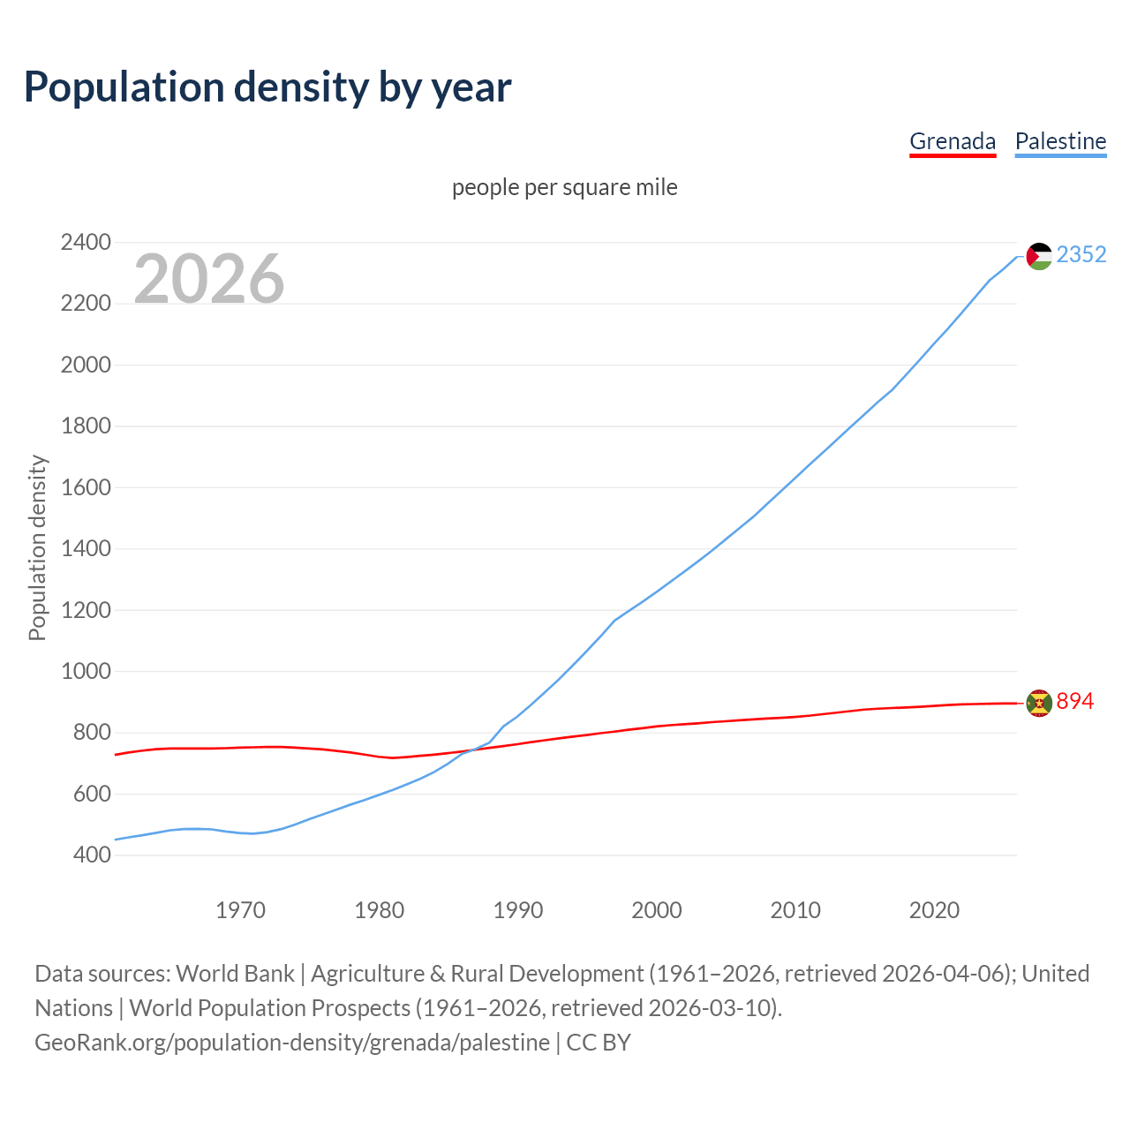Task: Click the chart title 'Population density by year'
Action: pos(267,87)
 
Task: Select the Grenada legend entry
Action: pos(952,141)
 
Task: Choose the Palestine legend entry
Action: pos(1060,141)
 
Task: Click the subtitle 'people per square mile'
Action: pos(564,187)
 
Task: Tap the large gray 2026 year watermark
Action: pos(209,279)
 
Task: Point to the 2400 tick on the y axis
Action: pos(86,242)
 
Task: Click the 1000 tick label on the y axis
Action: pos(86,671)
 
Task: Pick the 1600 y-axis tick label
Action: pos(86,487)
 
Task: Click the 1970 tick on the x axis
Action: pos(240,910)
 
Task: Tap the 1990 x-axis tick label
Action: pos(518,910)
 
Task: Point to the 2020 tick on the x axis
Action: pos(934,910)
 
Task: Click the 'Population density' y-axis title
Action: pos(37,547)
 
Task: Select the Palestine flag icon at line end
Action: pos(1039,256)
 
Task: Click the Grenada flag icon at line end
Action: pos(1039,703)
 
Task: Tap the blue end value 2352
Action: pos(1081,255)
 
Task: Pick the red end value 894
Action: pos(1074,702)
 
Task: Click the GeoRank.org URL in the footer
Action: pos(291,1043)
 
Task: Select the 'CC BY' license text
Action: pos(599,1043)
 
